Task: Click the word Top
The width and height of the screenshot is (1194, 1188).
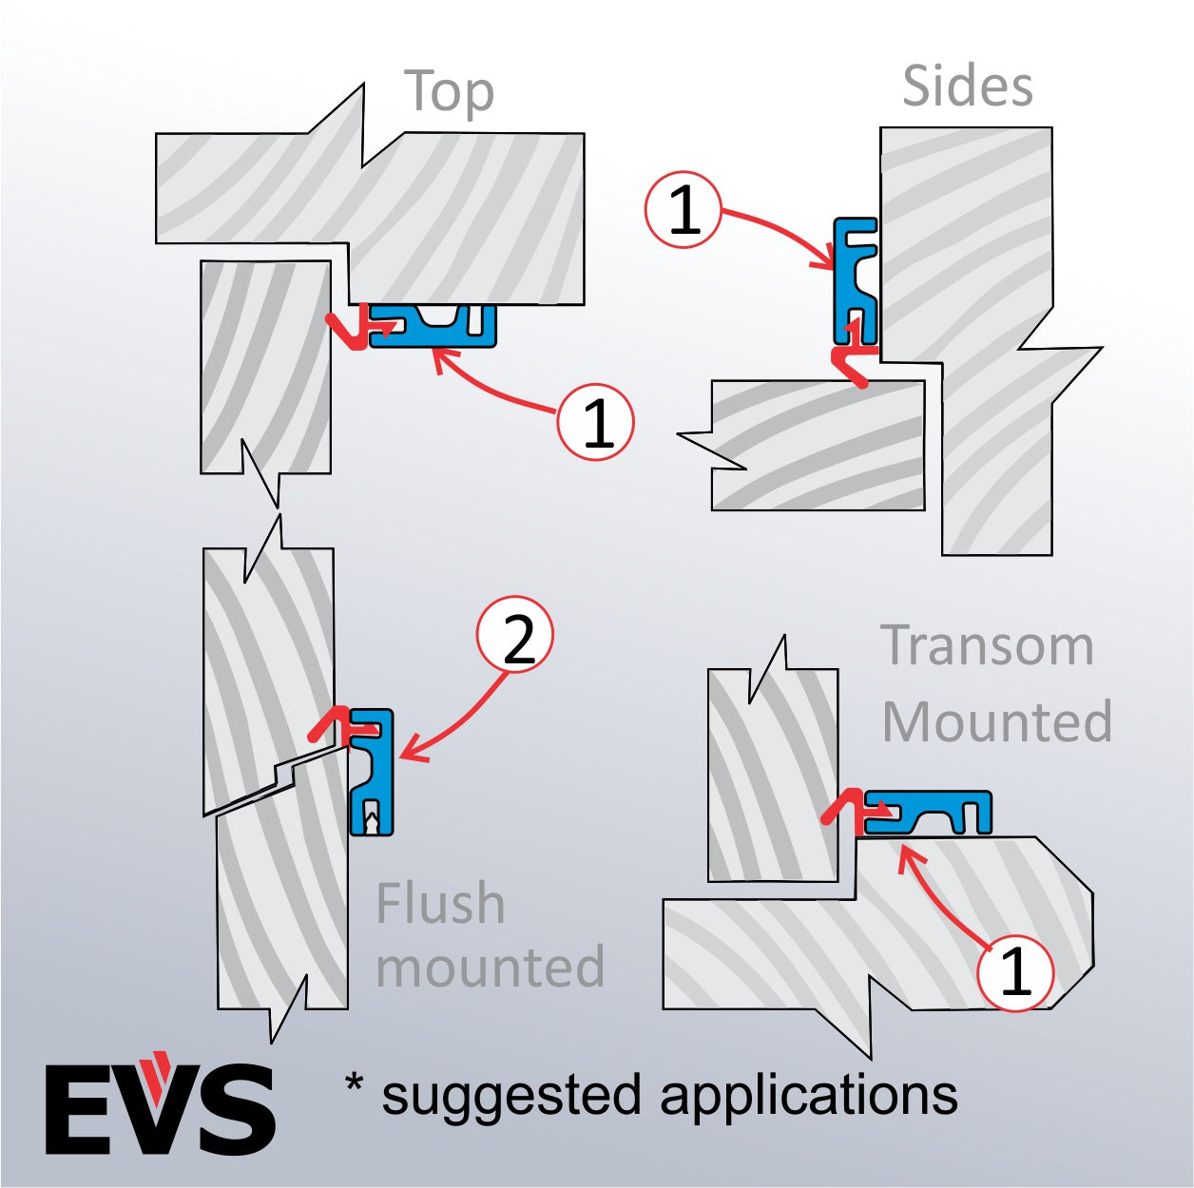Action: click(x=450, y=92)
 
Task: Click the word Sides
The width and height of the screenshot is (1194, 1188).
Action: click(x=967, y=86)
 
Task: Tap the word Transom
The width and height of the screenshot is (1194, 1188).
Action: click(x=987, y=646)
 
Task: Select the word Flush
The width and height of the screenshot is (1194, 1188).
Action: click(x=440, y=903)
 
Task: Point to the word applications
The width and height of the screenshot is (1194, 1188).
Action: click(x=808, y=1095)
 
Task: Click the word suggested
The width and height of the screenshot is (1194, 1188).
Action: click(x=513, y=1097)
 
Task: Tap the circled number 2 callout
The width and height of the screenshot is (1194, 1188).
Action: click(x=515, y=636)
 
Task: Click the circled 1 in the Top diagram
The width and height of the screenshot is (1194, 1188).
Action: click(x=595, y=422)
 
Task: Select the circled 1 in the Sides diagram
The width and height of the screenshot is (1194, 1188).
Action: click(x=684, y=209)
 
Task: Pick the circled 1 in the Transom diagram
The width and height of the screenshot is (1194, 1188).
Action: click(x=1015, y=972)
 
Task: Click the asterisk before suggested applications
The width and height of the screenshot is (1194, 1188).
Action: click(x=354, y=1083)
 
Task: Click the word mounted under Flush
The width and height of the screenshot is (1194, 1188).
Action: click(x=490, y=968)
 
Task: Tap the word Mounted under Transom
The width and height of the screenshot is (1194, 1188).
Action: click(x=996, y=722)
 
